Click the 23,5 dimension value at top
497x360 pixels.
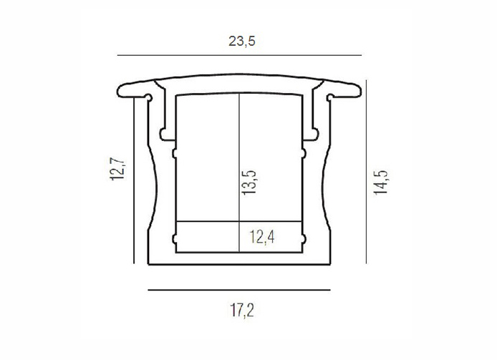point(241,41)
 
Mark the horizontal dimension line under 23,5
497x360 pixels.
point(241,56)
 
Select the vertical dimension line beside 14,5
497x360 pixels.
point(367,172)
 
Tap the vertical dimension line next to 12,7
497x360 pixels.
point(134,179)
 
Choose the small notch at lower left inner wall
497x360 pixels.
point(173,237)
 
